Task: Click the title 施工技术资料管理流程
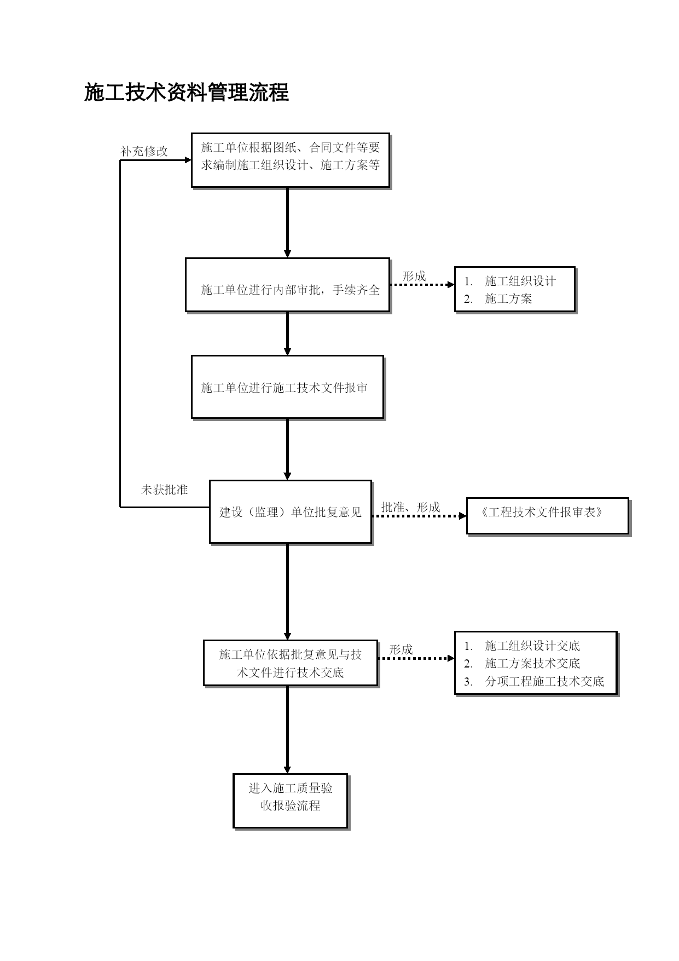(186, 93)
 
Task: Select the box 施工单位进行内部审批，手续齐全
(288, 285)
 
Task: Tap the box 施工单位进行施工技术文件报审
(288, 388)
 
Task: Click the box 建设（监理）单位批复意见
(291, 512)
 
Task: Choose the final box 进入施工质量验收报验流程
(291, 801)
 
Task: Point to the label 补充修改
(144, 151)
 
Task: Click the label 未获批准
(164, 490)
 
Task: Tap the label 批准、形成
(410, 507)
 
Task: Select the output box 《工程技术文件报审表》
(548, 516)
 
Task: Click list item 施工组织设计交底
(532, 646)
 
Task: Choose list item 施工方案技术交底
(532, 663)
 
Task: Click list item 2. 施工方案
(498, 298)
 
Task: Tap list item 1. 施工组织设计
(510, 281)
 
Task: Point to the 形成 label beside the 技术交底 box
(401, 649)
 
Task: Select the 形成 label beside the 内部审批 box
(414, 276)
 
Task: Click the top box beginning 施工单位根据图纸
(291, 160)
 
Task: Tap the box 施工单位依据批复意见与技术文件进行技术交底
(291, 663)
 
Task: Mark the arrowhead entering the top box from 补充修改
(188, 160)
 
